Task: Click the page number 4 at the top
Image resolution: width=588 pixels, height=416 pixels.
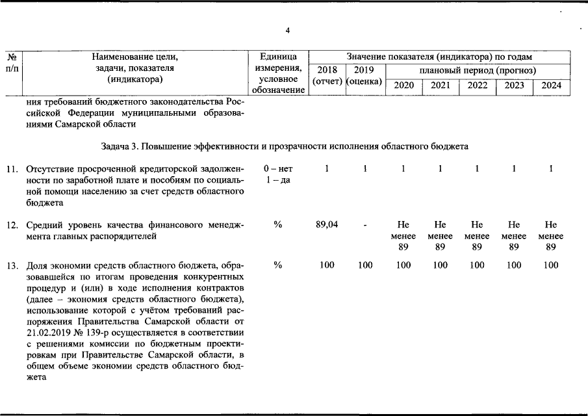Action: [x=288, y=31]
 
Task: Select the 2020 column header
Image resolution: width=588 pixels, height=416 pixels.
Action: [x=404, y=86]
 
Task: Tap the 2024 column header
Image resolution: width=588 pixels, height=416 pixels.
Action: [x=551, y=86]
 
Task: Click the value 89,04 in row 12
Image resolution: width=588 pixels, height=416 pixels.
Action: [x=327, y=224]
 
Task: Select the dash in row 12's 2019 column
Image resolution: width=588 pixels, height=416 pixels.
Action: [x=365, y=224]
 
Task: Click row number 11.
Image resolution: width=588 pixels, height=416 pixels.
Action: [x=12, y=170]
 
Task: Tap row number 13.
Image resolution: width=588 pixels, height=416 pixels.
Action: [x=12, y=266]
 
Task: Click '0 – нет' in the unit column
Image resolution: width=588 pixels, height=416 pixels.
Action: [x=278, y=169]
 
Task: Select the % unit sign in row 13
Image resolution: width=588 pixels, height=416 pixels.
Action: [x=278, y=265]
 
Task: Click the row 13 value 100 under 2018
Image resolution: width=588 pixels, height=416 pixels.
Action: [x=327, y=265]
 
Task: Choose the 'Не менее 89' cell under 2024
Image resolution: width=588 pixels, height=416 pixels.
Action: [x=551, y=236]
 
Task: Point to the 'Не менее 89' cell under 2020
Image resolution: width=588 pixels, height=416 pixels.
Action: [x=404, y=236]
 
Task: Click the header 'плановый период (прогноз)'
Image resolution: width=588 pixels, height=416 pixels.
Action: [x=478, y=70]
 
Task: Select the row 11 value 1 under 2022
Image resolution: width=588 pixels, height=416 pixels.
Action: [x=477, y=169]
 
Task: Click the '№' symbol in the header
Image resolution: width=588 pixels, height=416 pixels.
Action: [x=12, y=57]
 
